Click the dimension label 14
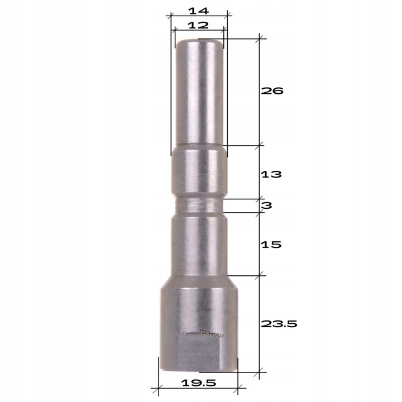[199, 10]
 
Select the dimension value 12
[198, 25]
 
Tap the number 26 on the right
[273, 91]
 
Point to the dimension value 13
[272, 174]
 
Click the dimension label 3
[267, 205]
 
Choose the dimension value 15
[272, 245]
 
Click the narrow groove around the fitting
[199, 206]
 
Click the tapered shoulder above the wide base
[199, 282]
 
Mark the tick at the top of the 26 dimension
[259, 39]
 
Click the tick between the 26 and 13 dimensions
[259, 146]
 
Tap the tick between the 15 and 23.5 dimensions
[259, 275]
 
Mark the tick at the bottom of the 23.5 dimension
[259, 372]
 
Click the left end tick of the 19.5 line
[159, 387]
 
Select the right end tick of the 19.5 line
[238, 387]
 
